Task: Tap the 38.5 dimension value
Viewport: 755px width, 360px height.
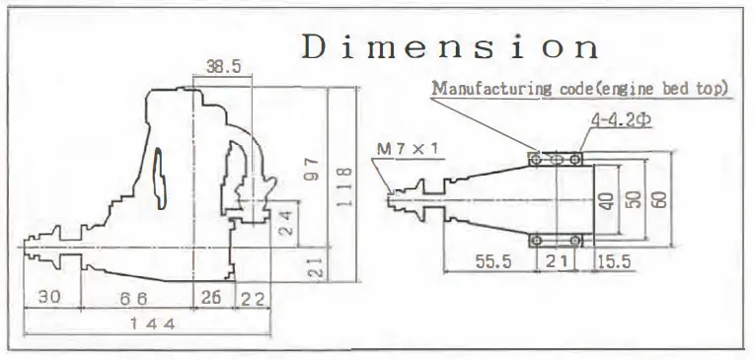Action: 223,66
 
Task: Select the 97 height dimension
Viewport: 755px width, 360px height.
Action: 312,169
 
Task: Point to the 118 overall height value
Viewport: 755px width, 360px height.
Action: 343,187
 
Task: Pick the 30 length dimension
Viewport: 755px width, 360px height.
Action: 49,297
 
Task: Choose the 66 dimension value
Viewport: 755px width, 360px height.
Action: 133,299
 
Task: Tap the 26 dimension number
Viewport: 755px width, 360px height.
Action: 210,298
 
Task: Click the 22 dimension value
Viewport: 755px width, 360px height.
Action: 253,299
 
